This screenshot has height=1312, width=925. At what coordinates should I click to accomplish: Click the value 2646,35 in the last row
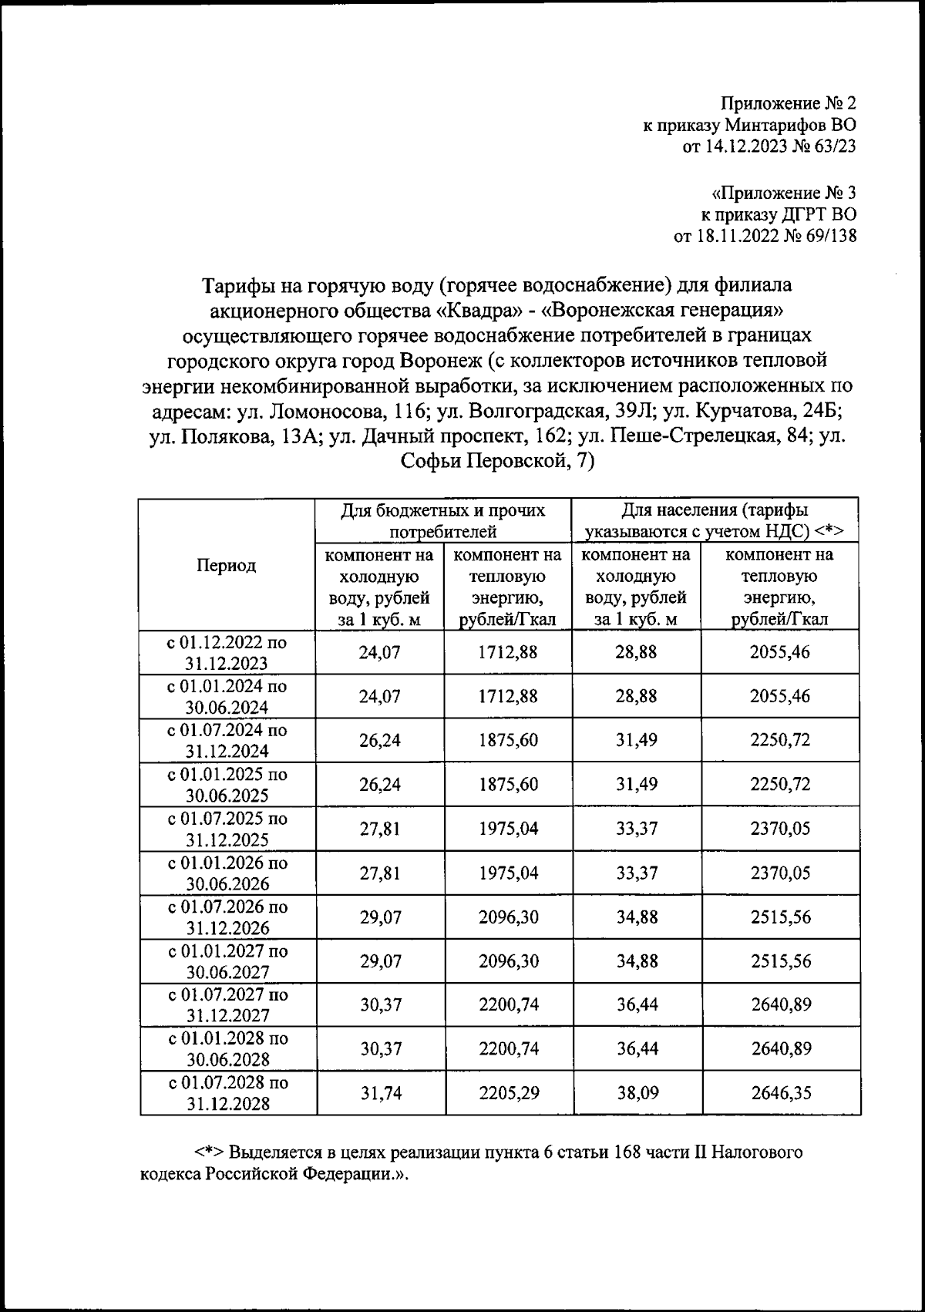[x=780, y=1093]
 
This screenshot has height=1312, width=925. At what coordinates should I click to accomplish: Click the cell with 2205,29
[x=509, y=1093]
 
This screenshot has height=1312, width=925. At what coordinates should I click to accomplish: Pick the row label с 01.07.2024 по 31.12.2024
[x=227, y=741]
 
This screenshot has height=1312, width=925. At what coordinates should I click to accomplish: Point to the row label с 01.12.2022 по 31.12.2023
[x=227, y=653]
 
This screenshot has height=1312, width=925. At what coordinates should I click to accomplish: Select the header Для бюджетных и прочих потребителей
[x=442, y=520]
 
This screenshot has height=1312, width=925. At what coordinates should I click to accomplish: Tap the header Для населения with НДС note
[x=715, y=520]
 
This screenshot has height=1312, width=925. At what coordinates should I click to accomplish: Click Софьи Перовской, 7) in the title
[x=497, y=461]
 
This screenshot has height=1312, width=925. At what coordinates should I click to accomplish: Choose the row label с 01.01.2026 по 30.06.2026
[x=227, y=873]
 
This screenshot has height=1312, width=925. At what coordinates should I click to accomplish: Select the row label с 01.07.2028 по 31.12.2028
[x=227, y=1093]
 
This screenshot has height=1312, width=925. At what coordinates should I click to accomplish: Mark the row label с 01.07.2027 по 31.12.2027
[x=227, y=1005]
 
